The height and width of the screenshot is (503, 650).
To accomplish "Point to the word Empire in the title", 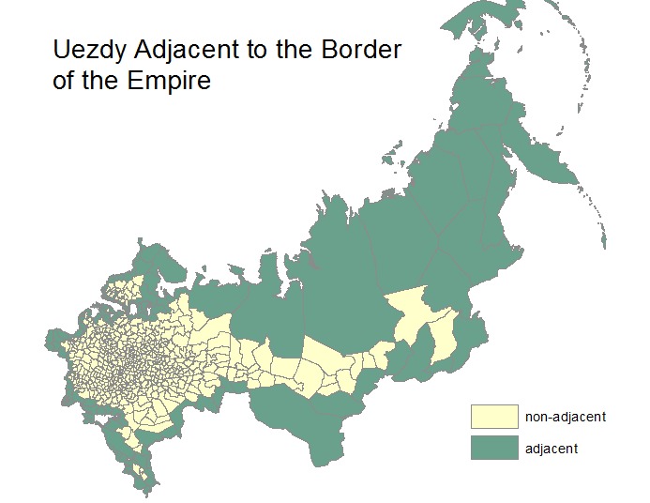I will point(173,81).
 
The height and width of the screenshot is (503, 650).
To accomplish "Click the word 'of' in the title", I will point(65,81).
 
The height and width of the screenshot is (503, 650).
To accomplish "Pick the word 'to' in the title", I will point(256,50).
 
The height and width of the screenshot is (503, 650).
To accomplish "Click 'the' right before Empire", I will point(106,81).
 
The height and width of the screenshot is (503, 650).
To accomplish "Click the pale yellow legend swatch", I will point(494,416).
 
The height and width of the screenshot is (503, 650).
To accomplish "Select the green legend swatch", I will point(494,448).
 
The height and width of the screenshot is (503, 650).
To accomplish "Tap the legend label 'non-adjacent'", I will point(566,416).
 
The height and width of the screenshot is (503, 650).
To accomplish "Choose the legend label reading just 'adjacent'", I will point(552,449).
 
